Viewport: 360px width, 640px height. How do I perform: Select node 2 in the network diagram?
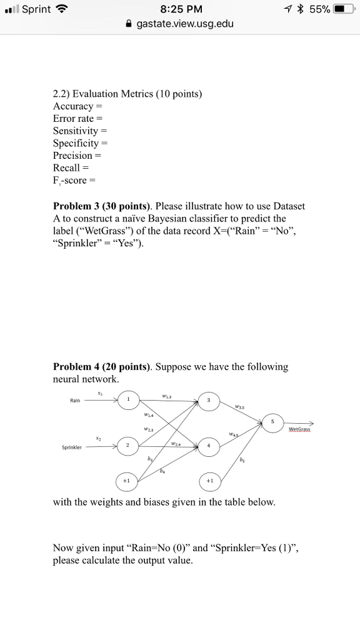coord(128,446)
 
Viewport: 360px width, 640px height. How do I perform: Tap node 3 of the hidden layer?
coord(209,400)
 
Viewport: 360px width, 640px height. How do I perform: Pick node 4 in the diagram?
coord(209,446)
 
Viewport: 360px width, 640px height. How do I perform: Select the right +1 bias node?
coord(209,481)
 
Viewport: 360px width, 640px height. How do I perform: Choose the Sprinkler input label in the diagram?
coord(72,448)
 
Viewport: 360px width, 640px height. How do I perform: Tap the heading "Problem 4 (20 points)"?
coord(102,367)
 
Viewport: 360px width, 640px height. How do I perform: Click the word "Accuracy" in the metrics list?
coord(73,106)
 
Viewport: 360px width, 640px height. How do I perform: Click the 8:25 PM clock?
coord(179,9)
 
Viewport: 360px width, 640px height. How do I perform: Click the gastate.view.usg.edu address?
coord(184,24)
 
